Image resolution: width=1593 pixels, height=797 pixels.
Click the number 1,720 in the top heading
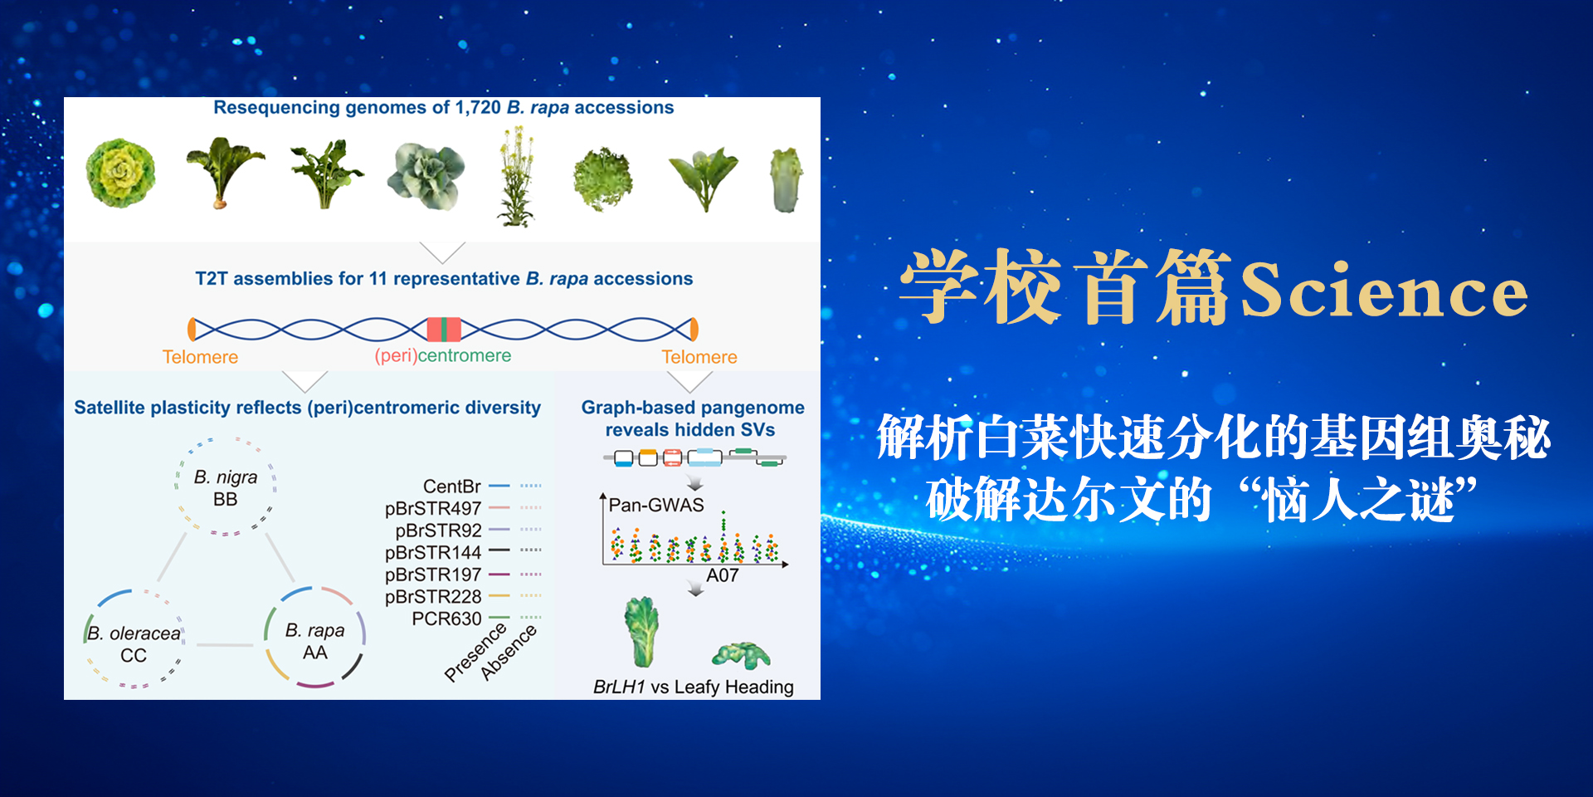coord(478,108)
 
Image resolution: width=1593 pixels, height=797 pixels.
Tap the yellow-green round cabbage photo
coord(120,173)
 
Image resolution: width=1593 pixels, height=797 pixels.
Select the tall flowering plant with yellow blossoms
coord(516,176)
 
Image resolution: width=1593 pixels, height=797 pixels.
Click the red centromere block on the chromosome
coord(444,330)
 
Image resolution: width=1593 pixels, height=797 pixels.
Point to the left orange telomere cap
coord(192,330)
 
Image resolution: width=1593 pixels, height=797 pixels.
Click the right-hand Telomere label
coord(699,357)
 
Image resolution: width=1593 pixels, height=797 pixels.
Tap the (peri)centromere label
coord(442,355)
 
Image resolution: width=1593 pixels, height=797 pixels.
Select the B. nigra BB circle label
coord(226,488)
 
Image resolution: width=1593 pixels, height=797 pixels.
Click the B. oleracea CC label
coord(134,644)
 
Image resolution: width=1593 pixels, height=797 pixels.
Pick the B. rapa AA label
coord(314,642)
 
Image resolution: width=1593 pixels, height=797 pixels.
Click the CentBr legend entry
coord(451,487)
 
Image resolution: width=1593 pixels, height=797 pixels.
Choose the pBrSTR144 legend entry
coord(433,552)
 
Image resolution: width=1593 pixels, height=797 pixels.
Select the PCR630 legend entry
coord(446,619)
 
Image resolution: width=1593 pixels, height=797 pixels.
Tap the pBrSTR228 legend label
coord(433,597)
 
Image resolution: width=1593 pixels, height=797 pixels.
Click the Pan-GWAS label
coord(656,506)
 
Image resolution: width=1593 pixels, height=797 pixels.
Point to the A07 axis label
coord(722,576)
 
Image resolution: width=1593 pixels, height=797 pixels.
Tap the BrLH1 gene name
coord(619,687)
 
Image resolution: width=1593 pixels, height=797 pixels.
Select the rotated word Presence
coord(475,653)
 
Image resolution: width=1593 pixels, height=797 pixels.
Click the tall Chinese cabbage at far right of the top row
coord(784,180)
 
